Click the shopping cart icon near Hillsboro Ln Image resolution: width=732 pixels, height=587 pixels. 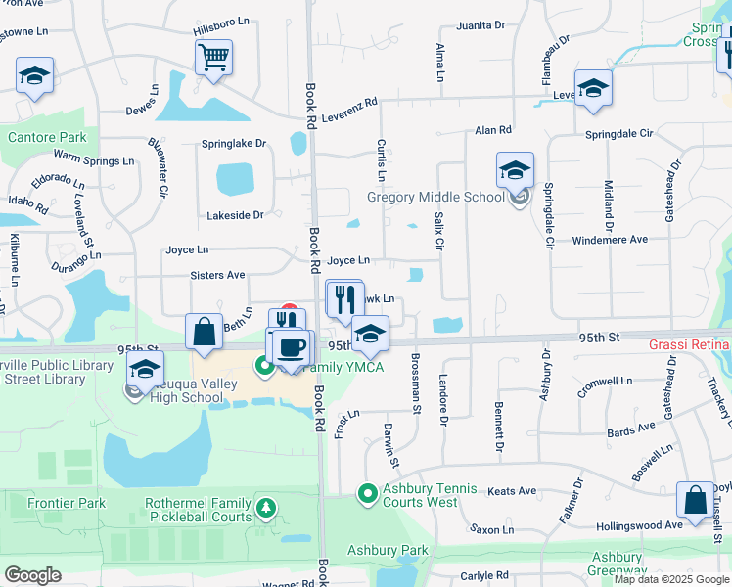tap(213, 57)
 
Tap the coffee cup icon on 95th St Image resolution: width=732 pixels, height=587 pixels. tap(291, 346)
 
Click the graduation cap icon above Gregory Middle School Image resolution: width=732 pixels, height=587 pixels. tap(515, 171)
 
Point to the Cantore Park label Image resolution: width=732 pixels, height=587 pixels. tap(47, 138)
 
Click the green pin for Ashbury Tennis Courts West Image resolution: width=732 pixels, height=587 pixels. tap(367, 494)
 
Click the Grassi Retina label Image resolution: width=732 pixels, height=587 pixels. tap(689, 345)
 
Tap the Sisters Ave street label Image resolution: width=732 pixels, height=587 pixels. tap(218, 276)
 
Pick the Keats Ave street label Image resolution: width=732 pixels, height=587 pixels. tap(513, 491)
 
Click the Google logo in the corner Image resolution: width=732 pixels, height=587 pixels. tap(32, 575)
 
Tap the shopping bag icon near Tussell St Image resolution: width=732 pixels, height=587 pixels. tap(695, 500)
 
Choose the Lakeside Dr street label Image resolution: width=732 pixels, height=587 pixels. tap(235, 215)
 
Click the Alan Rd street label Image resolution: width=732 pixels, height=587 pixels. tap(493, 130)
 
